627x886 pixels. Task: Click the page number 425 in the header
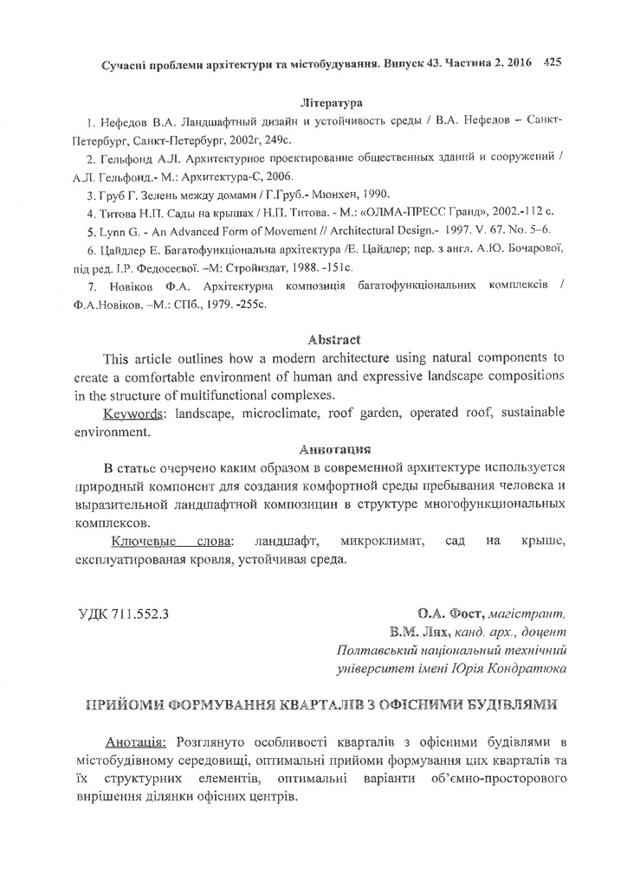552,62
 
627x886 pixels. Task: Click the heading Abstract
333,339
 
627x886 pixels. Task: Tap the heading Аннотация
333,449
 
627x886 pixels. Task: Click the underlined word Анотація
139,742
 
